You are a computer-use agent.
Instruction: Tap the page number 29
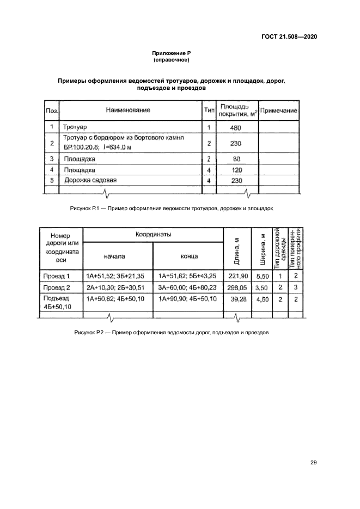313,463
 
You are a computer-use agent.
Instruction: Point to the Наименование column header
128,110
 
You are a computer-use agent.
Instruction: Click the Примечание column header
278,111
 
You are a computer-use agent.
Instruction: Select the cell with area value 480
236,128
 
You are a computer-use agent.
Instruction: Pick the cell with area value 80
236,160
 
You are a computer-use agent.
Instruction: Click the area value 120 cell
236,170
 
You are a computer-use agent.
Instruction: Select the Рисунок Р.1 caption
172,208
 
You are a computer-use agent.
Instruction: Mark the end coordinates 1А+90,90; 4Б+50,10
187,299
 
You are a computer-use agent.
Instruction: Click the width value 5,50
263,277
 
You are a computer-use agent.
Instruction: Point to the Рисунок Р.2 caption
172,333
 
